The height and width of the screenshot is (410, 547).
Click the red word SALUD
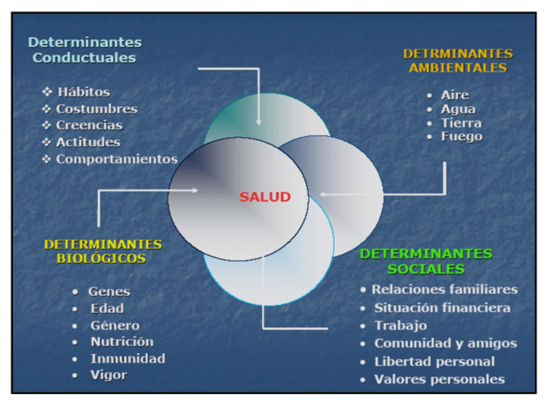click(x=265, y=197)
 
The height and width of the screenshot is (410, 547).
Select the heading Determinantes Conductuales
click(x=85, y=50)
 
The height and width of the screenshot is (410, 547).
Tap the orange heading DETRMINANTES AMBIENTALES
click(x=457, y=61)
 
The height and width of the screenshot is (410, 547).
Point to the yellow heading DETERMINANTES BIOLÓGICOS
click(x=103, y=251)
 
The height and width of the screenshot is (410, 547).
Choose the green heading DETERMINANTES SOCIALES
click(x=426, y=261)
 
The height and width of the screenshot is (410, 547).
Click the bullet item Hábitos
click(x=84, y=92)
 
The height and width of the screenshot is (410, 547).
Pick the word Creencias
click(x=89, y=125)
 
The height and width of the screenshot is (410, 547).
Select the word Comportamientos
click(x=117, y=159)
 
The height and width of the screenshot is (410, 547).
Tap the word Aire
click(x=455, y=95)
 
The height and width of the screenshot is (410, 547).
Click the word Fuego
click(x=461, y=136)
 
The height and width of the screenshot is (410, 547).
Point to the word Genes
click(x=109, y=292)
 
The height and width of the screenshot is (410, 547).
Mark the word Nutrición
click(x=122, y=342)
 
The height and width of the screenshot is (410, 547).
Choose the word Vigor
click(x=109, y=375)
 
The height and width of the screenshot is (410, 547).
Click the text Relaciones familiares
click(x=444, y=289)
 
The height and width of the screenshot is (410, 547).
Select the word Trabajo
click(x=401, y=326)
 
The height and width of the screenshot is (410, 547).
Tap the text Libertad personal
click(x=435, y=362)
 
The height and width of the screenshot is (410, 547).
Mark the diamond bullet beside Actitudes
click(x=46, y=142)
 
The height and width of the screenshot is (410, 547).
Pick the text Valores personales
click(x=439, y=379)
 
